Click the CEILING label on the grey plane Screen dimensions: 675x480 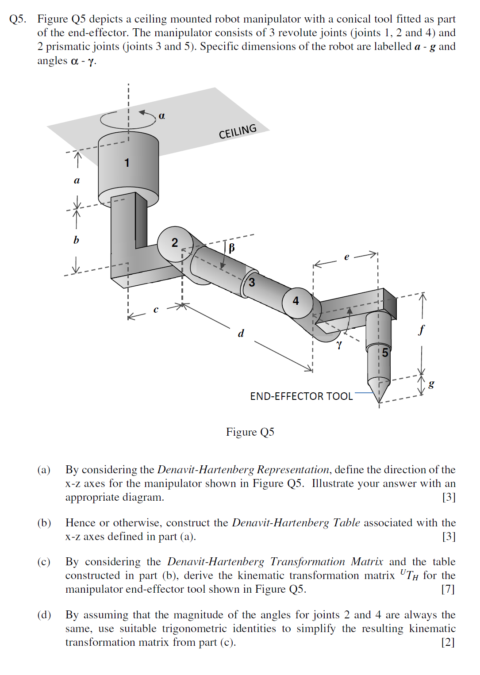(x=238, y=131)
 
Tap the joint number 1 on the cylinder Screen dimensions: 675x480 (x=127, y=163)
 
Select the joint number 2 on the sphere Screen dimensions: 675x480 (x=175, y=242)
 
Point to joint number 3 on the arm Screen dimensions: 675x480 (x=252, y=282)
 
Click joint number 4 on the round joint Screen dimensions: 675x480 (x=296, y=301)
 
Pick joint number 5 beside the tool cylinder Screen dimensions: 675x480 (x=385, y=353)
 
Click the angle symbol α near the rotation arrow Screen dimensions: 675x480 (x=162, y=116)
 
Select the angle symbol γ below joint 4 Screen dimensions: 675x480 (x=339, y=344)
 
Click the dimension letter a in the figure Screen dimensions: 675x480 (x=77, y=180)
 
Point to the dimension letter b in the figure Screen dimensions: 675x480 (x=76, y=240)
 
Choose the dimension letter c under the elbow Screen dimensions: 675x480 (x=156, y=310)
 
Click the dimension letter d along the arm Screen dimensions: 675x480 (x=241, y=333)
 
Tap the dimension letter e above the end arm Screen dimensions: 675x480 (x=346, y=257)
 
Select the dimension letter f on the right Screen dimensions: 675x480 (x=422, y=330)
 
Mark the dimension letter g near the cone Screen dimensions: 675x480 (x=431, y=384)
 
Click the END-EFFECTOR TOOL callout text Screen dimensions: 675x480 (x=301, y=396)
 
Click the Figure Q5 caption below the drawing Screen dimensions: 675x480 (x=250, y=432)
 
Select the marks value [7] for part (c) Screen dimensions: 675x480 (x=448, y=589)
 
